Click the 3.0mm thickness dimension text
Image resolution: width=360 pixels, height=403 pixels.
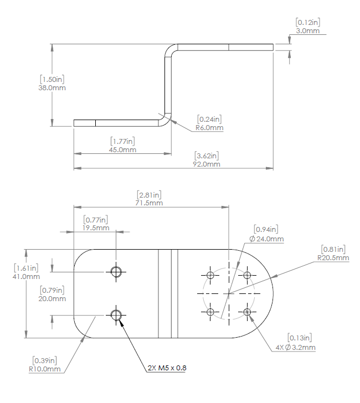coord(308,31)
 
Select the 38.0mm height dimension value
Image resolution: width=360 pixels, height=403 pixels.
coord(52,87)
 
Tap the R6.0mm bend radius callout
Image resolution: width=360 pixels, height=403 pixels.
coord(209,128)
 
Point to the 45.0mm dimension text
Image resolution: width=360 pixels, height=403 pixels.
coord(123,150)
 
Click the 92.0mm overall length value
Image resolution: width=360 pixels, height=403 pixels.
coord(207,164)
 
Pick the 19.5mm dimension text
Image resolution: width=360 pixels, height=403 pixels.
coord(96,228)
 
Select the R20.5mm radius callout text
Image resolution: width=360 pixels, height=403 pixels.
coord(333,257)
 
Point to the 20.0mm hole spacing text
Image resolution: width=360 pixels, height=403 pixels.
coord(53,298)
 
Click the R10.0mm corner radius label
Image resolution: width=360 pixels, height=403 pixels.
coord(45,369)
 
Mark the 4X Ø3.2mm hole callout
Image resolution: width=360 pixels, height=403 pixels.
coord(295,347)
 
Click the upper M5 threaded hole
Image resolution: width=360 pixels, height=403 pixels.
coord(116,271)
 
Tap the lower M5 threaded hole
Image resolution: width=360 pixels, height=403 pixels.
coord(116,315)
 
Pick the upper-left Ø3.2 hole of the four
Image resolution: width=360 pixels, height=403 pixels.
coord(210,275)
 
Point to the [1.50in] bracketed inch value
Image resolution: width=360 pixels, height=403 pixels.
coord(52,79)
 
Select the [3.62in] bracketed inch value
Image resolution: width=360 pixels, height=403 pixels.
coord(207,156)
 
